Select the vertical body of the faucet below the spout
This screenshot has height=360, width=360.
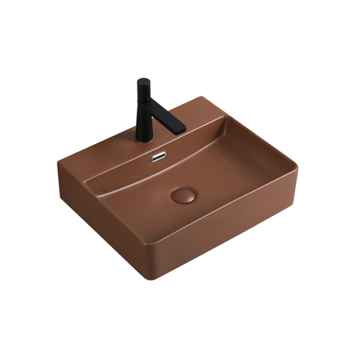point(144,115)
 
